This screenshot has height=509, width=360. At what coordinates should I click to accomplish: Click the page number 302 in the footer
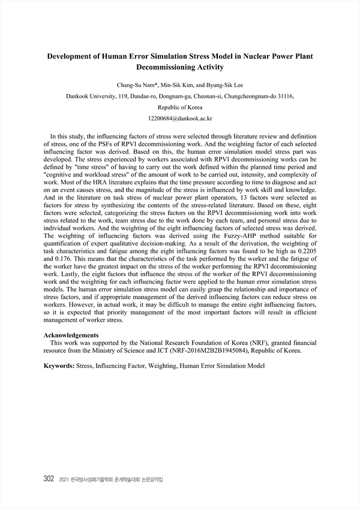pos(50,480)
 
